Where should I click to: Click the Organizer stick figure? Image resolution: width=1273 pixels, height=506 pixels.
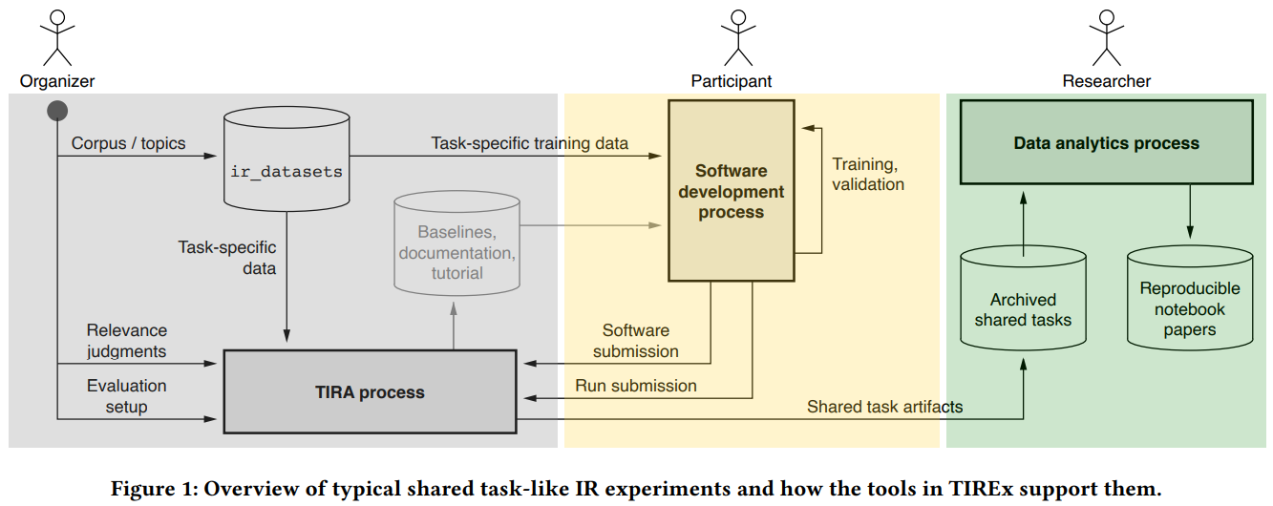pos(57,35)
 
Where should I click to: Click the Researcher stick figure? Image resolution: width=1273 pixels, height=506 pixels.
pos(1106,35)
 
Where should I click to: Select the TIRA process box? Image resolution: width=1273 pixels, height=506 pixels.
pos(370,391)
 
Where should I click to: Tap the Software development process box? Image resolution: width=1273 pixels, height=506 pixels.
pos(731,191)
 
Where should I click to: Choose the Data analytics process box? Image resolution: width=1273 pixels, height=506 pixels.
pos(1106,144)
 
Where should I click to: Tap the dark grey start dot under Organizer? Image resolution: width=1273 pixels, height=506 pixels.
pos(57,111)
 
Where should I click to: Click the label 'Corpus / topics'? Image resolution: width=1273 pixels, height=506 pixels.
pos(129,143)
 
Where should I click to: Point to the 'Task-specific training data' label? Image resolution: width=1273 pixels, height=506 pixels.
pos(530,143)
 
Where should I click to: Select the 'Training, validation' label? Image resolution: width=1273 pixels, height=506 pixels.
pos(868,174)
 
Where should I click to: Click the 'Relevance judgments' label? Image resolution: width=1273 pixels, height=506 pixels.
pos(126,341)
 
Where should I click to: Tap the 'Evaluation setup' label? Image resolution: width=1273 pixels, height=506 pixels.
pos(126,396)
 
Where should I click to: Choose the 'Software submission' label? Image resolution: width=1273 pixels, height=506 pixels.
pos(635,341)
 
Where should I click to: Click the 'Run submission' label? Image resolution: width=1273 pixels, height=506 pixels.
pos(635,386)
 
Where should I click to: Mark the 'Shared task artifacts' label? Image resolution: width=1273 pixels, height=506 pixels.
pos(884,407)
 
